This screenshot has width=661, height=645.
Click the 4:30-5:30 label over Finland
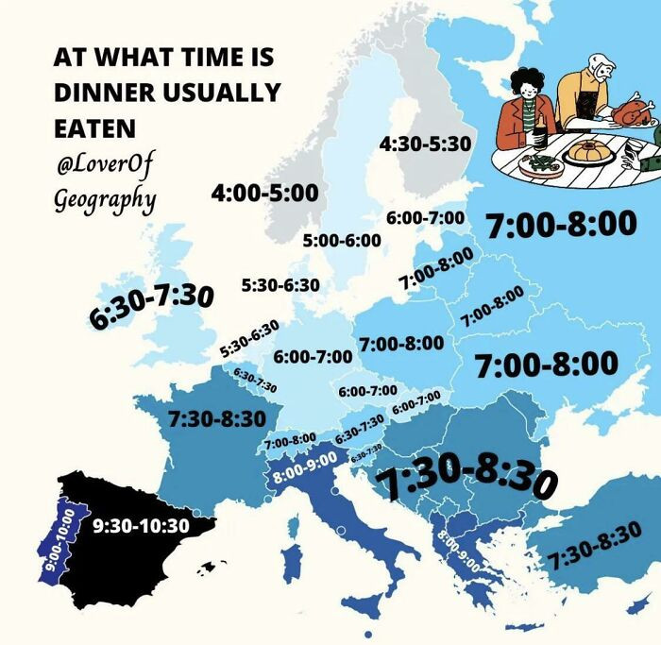tap(424, 144)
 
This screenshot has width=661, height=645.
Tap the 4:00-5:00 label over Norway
tap(264, 193)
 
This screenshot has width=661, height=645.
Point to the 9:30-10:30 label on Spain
tap(142, 525)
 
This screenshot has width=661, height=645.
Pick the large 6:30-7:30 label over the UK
tap(152, 305)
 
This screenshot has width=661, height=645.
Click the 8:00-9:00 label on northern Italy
tap(304, 471)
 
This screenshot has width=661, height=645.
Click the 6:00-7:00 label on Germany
tap(313, 357)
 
